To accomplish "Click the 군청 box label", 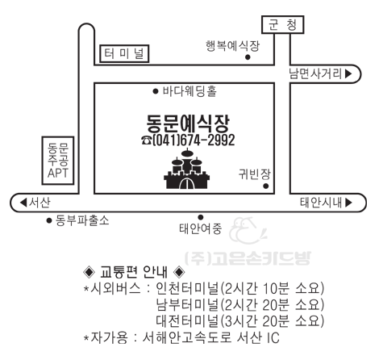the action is (283, 25).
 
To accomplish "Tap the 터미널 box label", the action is (124, 53).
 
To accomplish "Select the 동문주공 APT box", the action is (58, 161).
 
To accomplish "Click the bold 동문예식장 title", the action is (188, 123).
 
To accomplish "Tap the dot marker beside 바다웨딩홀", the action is (156, 91).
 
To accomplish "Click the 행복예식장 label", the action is (232, 46).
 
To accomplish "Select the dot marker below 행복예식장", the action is (248, 57).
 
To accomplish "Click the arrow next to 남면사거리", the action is (348, 73).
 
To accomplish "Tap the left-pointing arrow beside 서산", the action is (23, 203).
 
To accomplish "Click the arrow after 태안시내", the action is (348, 203).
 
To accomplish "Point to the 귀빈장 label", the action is (254, 174).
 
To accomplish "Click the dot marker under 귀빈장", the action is (266, 186).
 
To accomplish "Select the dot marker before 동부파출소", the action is (49, 220).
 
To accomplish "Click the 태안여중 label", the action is (201, 229).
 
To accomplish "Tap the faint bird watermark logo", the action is (248, 230).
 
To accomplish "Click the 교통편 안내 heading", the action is (134, 272).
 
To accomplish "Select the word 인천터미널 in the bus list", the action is (187, 288).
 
